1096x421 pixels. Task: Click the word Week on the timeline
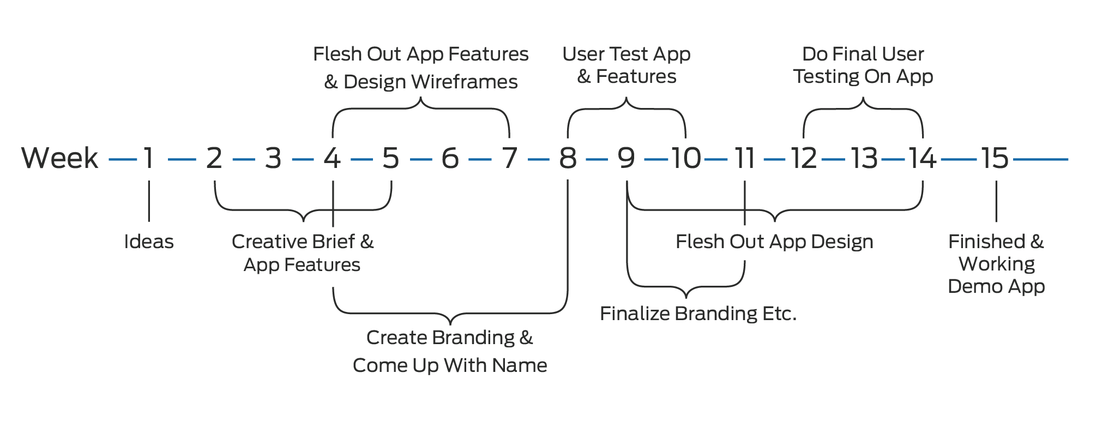click(x=60, y=159)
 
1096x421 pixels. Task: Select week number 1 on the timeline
click(x=148, y=159)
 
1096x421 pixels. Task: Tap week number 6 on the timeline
click(x=450, y=159)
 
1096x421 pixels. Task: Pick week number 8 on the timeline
click(x=568, y=159)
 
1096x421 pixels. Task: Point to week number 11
click(x=745, y=159)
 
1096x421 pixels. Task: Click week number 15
click(x=995, y=159)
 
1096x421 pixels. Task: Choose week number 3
click(x=273, y=159)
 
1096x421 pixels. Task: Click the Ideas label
click(x=149, y=242)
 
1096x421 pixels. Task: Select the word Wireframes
click(x=465, y=82)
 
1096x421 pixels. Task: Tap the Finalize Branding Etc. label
click(x=698, y=314)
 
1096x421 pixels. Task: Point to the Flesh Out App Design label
click(x=774, y=242)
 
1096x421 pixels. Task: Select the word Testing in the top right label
click(x=826, y=76)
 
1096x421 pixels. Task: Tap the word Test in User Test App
click(x=627, y=54)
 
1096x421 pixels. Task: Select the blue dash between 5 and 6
click(x=420, y=160)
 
